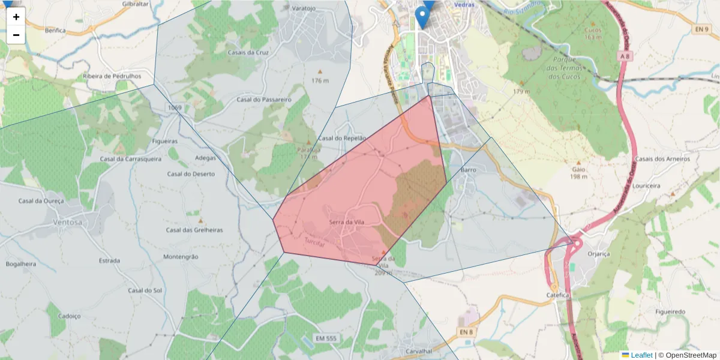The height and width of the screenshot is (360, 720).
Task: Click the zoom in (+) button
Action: [x=16, y=17]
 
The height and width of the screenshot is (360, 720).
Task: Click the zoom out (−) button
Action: [x=16, y=35]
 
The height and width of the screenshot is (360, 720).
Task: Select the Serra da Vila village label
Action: [x=347, y=222]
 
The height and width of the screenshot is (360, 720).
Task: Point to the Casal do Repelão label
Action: [x=342, y=138]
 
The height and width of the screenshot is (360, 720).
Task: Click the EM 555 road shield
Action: [x=326, y=339]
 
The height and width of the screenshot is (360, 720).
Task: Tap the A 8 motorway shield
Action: [x=626, y=56]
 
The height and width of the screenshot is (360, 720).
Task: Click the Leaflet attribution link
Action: [x=641, y=355]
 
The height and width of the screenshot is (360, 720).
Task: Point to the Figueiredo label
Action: [x=670, y=312]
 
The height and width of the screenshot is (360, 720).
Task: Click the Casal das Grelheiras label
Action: [x=194, y=230]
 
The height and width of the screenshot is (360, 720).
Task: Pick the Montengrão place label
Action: [x=181, y=256]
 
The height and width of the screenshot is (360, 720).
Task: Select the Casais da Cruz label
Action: [x=248, y=52]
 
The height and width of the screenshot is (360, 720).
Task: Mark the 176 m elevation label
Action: [x=320, y=80]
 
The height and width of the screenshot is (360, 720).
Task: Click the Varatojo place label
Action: [x=303, y=9]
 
